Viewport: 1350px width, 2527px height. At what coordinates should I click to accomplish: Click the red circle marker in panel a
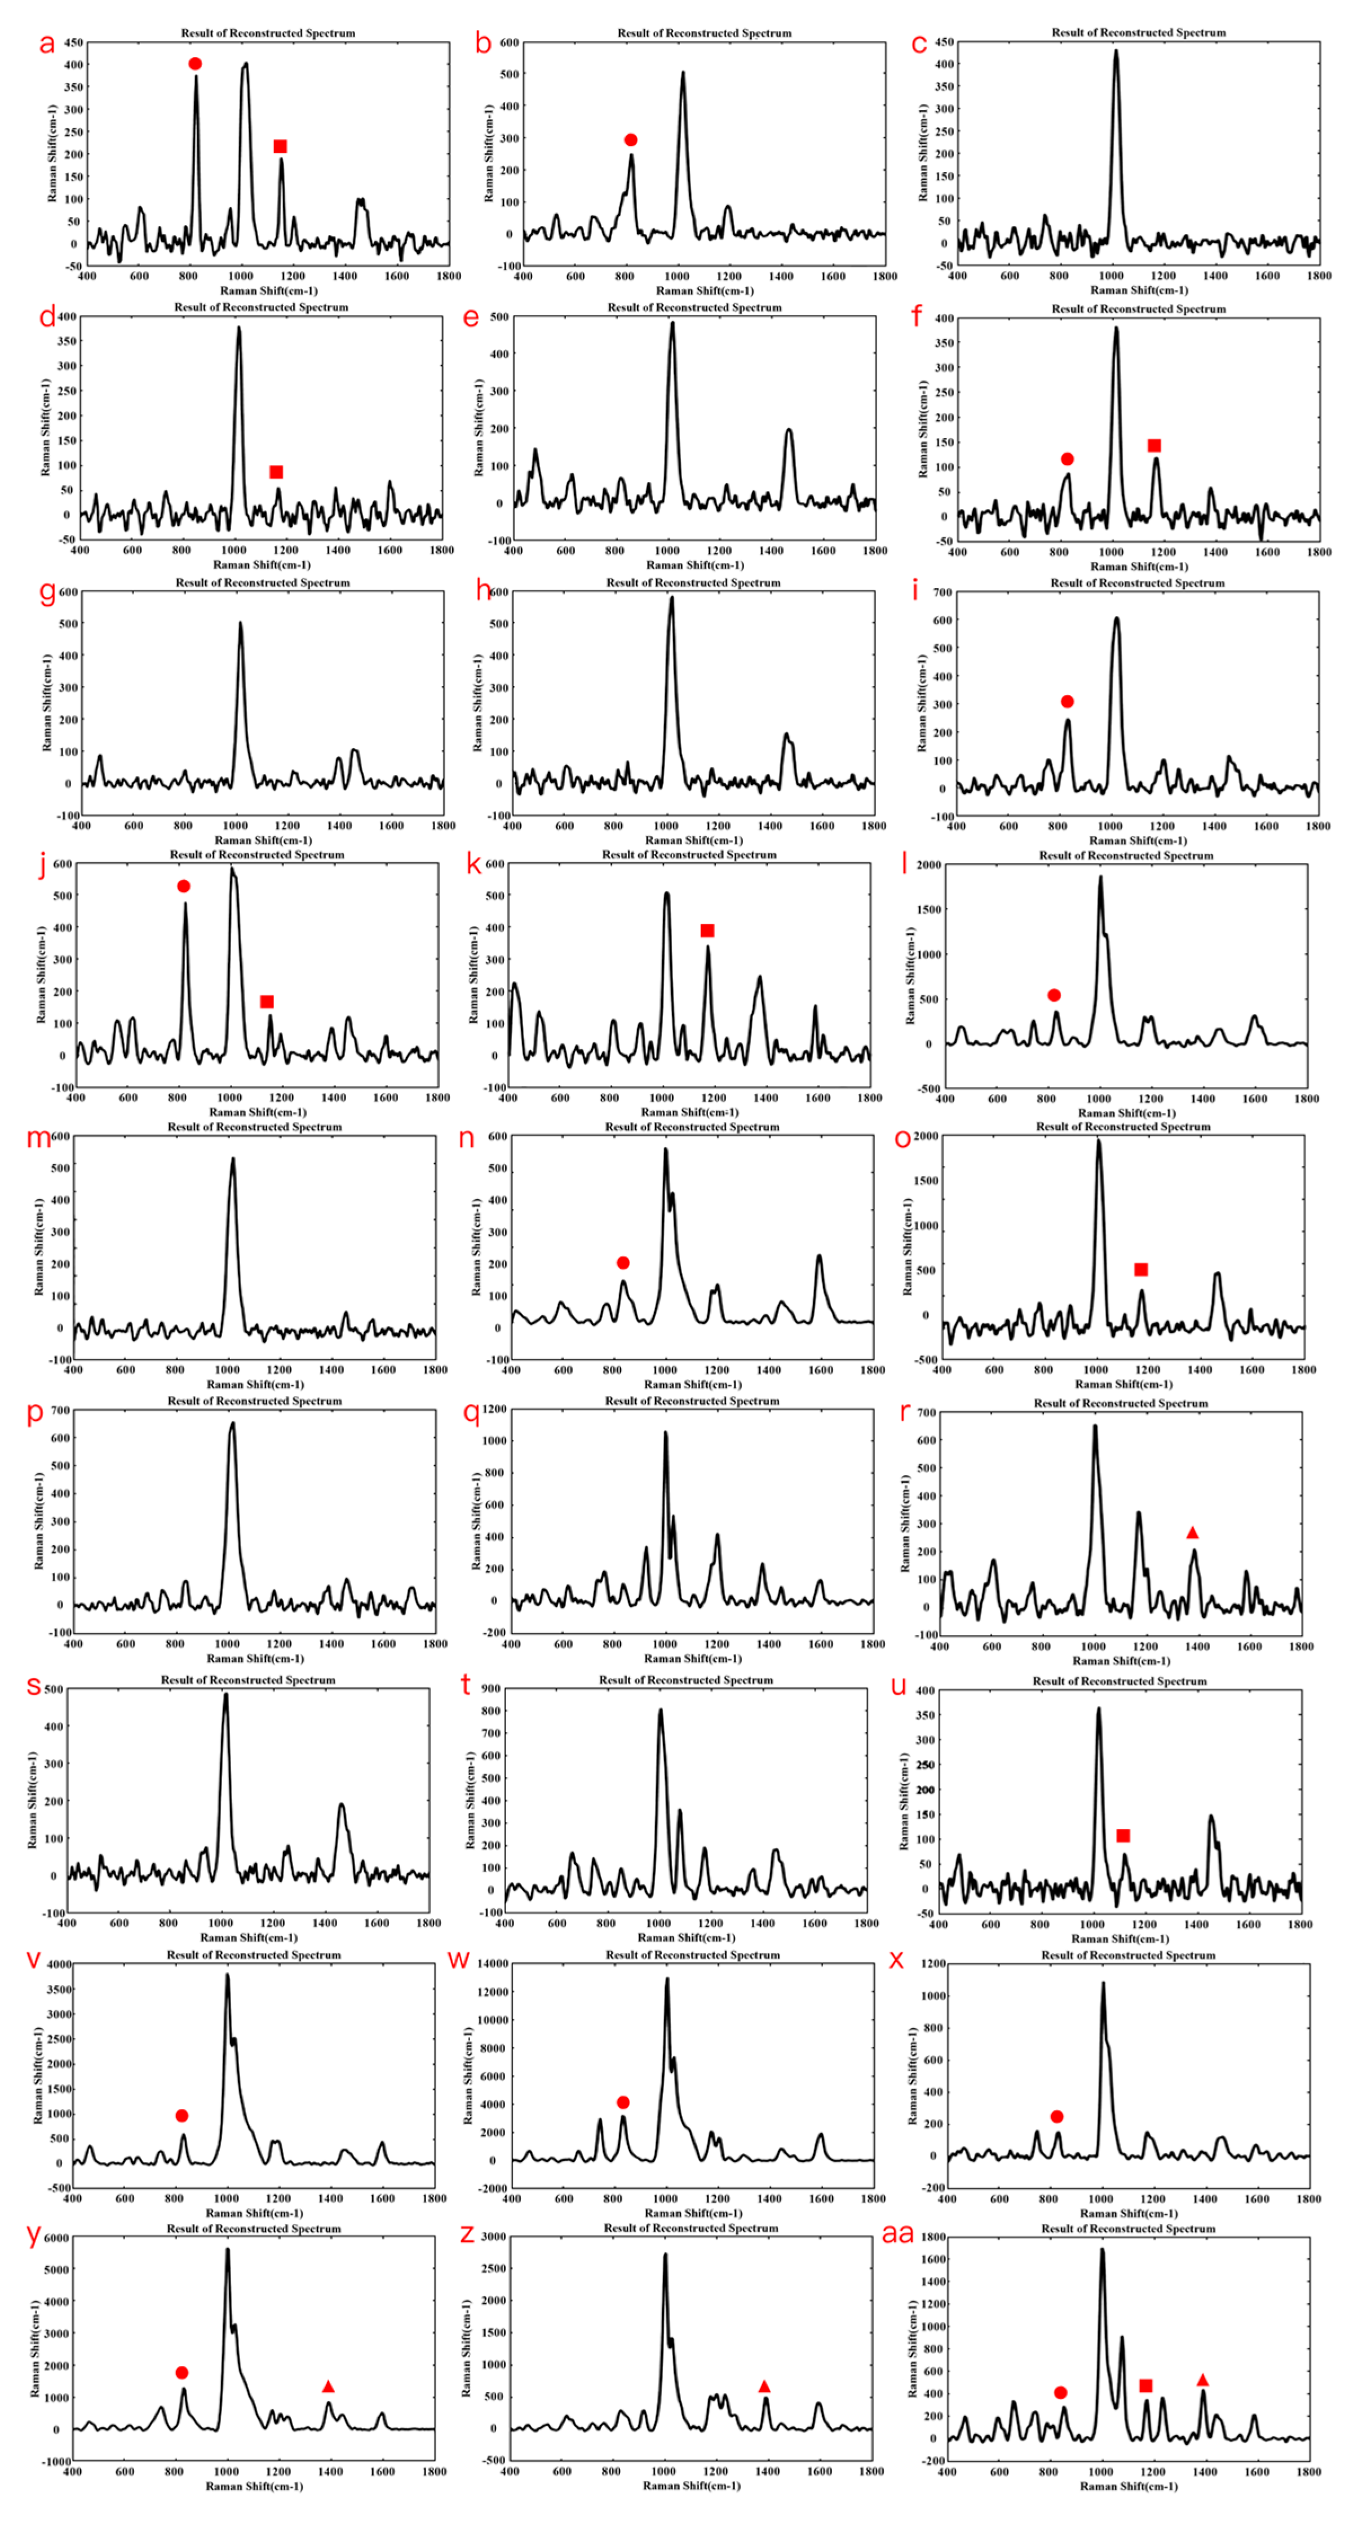point(195,64)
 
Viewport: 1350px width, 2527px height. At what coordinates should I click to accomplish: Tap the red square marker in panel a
point(280,146)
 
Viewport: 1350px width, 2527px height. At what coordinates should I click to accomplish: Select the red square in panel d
point(276,472)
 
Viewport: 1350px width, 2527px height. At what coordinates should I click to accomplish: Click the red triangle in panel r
point(1192,1532)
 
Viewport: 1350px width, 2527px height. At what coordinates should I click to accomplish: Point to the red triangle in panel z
point(764,2386)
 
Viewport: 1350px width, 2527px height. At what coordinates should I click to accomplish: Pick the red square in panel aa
point(1145,2385)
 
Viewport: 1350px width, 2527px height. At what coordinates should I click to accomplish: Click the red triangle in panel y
point(327,2386)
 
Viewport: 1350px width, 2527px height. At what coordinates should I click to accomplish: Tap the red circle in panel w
point(623,2102)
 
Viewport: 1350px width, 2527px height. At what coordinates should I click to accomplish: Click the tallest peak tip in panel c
point(1116,51)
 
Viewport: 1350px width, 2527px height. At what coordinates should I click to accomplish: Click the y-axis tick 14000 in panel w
point(493,1963)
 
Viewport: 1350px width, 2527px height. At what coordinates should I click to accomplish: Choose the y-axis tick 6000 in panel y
point(56,2237)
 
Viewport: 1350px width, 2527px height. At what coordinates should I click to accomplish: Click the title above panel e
point(694,307)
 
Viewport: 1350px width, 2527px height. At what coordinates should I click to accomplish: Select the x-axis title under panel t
point(686,1938)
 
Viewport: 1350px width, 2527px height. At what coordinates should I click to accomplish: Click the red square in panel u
point(1123,1836)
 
